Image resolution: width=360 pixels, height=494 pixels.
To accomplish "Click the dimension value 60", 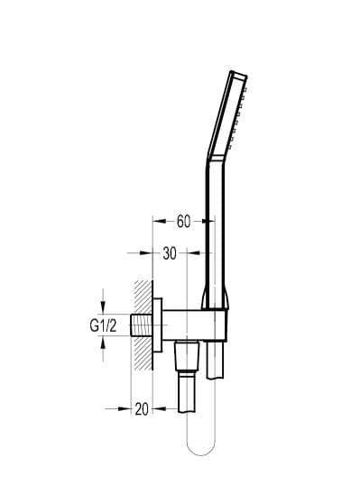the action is click(183, 221).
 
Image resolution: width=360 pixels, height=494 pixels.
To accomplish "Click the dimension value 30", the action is click(170, 253).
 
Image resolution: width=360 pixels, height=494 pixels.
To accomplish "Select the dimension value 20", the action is click(142, 409).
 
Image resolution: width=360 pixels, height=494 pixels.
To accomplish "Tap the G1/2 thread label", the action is click(103, 325).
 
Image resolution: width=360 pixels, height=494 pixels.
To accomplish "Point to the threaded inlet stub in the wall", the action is click(142, 325).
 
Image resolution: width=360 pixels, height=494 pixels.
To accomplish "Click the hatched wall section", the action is click(143, 325).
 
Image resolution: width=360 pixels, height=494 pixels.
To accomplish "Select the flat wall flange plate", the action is click(158, 325).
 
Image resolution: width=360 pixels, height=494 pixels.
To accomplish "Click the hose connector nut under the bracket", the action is click(187, 357).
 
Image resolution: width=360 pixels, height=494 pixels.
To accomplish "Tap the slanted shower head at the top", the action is click(227, 115).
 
